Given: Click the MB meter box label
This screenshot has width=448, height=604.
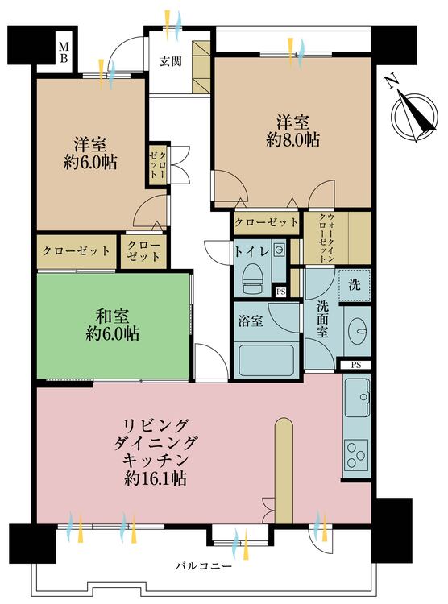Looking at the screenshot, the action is click(64, 52).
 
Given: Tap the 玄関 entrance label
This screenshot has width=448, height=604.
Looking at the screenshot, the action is click(170, 61).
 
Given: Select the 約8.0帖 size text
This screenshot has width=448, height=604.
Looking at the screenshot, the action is click(292, 141).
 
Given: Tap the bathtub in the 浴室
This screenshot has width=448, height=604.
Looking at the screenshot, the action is click(268, 360).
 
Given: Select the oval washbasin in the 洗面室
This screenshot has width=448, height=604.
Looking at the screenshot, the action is click(358, 330).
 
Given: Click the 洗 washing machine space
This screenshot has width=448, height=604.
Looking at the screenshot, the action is click(355, 285).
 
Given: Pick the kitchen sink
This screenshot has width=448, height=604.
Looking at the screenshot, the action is click(358, 397).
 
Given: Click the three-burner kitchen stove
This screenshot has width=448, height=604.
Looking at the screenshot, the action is click(356, 456).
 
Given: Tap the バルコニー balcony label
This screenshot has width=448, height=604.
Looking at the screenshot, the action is click(205, 566).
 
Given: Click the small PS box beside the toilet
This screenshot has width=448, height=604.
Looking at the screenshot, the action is click(280, 292).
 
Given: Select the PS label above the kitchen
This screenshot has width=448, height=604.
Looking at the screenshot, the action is click(356, 364).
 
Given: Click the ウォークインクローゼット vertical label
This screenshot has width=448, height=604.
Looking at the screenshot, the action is click(326, 238).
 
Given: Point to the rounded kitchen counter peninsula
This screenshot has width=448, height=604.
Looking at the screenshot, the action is click(284, 471).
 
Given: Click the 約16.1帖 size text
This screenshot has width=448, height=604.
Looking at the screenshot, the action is click(156, 478).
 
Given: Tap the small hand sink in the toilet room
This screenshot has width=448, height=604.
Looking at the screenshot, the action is click(278, 250).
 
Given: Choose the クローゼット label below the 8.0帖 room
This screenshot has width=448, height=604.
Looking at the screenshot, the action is click(267, 222).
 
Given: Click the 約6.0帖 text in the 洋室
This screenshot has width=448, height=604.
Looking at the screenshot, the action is click(90, 163).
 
